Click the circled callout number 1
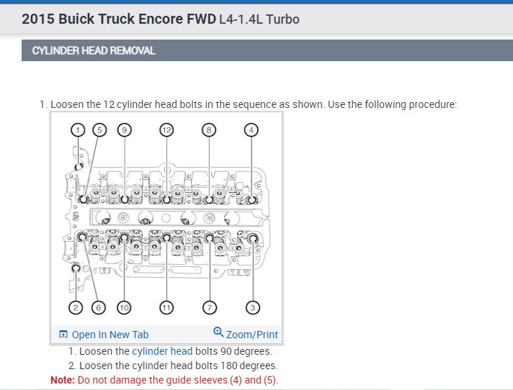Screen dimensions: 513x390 click(78, 130)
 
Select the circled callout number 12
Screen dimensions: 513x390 click(166, 130)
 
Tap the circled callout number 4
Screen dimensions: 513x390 click(251, 130)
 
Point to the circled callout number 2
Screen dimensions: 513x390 click(76, 308)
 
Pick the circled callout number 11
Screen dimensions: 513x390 click(166, 308)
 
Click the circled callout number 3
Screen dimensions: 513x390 click(253, 308)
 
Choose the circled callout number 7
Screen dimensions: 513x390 click(210, 308)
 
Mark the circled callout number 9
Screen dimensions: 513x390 click(125, 130)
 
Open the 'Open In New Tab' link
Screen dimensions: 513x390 click(110, 335)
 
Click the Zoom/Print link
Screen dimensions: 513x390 click(252, 335)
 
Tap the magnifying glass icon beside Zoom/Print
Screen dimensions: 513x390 click(218, 332)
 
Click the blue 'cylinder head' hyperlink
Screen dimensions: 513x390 click(162, 351)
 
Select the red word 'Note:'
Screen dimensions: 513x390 click(63, 380)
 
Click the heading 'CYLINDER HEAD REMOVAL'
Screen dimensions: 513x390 click(94, 50)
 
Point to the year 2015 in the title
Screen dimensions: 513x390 click(38, 19)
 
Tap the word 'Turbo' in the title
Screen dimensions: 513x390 click(282, 19)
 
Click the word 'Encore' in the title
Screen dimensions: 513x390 click(161, 19)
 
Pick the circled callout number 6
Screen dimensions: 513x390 click(99, 308)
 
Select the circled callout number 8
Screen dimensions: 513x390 click(209, 130)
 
